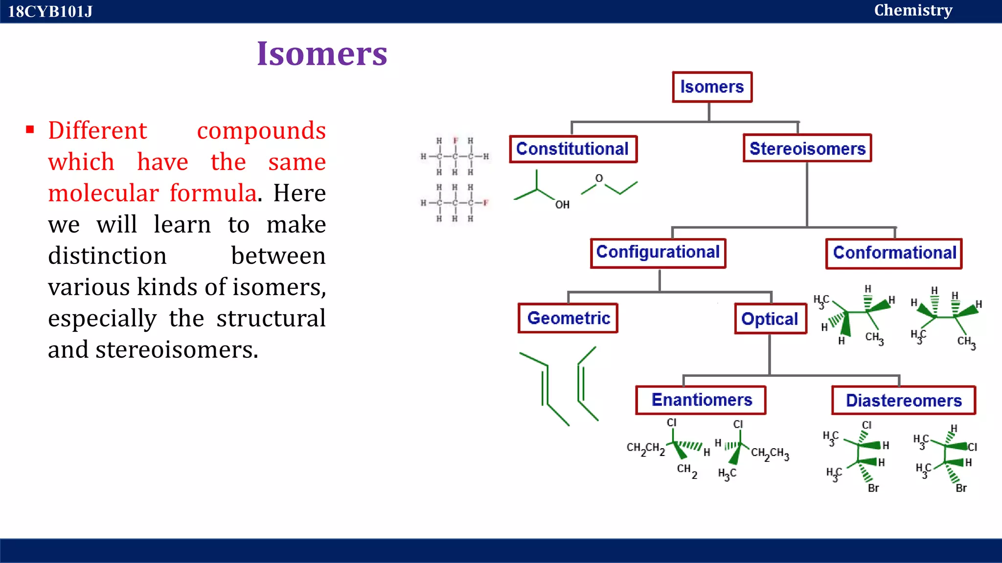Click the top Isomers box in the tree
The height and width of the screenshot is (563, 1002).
point(712,87)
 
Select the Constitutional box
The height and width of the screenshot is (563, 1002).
point(572,149)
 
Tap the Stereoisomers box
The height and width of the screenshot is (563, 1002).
point(807,148)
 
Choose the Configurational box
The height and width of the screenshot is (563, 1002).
point(658,253)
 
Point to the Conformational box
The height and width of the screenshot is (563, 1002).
point(894,253)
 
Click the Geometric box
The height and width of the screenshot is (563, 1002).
point(568,318)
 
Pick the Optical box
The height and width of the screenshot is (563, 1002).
point(770,319)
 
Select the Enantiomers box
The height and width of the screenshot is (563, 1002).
point(701,400)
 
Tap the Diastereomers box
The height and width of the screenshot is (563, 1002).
point(904,401)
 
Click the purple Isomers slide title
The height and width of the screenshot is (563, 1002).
point(322,54)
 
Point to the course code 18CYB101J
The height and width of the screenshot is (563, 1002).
point(50,11)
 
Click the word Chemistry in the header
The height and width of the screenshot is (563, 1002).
point(913,10)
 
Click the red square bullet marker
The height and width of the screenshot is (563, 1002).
point(30,130)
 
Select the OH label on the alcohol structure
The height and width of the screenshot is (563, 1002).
point(562,205)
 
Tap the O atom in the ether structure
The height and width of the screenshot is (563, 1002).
point(599,178)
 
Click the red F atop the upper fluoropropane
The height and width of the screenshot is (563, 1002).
point(455,141)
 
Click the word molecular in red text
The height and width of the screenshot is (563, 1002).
point(103,193)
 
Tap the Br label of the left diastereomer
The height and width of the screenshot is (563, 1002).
point(873,488)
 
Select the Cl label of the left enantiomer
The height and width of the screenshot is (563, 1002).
point(671,422)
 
